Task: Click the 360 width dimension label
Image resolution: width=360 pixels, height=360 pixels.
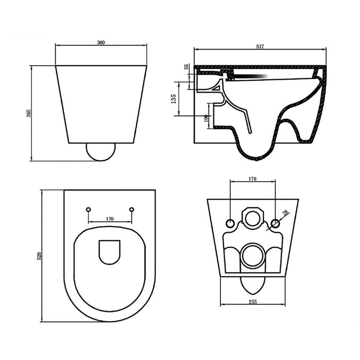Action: [101, 43]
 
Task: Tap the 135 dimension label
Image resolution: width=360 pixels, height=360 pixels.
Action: [173, 99]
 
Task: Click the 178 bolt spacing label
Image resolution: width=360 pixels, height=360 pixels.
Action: [252, 179]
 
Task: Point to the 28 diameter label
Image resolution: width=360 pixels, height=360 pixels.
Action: [285, 213]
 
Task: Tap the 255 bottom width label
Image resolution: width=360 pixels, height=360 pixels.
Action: [253, 302]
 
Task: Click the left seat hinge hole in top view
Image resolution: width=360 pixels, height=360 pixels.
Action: [88, 209]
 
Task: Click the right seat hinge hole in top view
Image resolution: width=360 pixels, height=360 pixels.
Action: [131, 209]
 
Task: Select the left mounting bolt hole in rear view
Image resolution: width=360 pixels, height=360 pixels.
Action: [230, 223]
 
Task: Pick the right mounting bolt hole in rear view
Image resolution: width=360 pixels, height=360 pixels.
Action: [275, 223]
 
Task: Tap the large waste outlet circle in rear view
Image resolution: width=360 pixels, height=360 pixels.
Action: [252, 255]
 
